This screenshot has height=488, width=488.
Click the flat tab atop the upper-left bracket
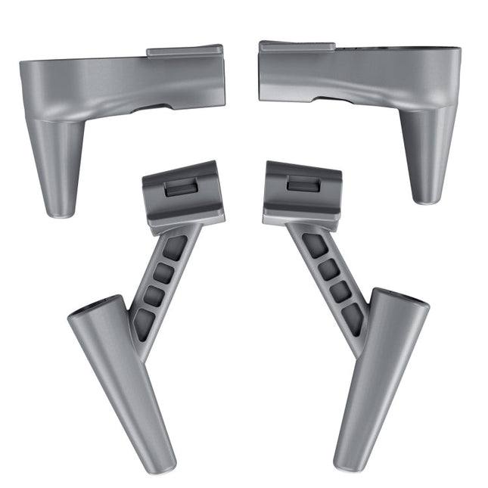tap(185, 51)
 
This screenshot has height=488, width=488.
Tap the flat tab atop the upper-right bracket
tap(297, 47)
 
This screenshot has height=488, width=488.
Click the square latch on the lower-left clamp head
tap(182, 188)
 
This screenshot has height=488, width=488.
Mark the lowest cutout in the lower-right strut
tap(353, 319)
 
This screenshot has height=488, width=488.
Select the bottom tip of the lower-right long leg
tap(347, 462)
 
